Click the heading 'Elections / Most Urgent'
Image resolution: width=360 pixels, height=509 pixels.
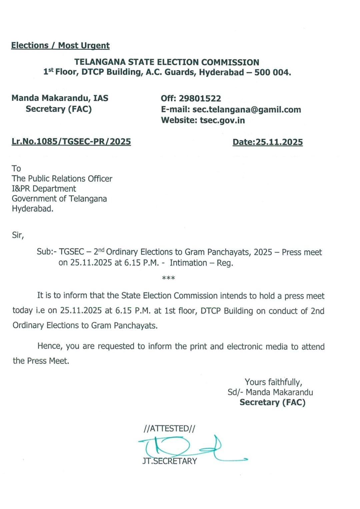point(60,45)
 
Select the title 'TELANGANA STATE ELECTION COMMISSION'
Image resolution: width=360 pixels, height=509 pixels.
point(167,62)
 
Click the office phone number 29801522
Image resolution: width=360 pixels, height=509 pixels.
point(200,98)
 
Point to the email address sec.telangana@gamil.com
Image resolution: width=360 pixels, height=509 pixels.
point(246,109)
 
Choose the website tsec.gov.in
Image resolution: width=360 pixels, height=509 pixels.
point(222,120)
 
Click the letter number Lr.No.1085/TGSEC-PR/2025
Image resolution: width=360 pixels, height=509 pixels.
point(71,141)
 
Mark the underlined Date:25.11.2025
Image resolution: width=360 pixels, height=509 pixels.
point(268,142)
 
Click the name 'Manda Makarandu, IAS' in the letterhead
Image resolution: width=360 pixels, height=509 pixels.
point(60,98)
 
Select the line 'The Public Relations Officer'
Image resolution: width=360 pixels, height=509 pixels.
point(62,179)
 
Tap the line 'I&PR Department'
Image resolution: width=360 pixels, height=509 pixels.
point(44,189)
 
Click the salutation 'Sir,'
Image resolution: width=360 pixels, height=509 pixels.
point(18,235)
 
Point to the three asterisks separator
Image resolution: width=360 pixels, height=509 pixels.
point(168,278)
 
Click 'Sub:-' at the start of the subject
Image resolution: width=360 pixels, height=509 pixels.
point(47,252)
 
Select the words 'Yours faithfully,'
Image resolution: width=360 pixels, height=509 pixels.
point(273,382)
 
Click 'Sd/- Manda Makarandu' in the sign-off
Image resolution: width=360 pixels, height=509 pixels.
point(270,392)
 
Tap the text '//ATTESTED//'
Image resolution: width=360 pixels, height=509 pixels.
point(169,429)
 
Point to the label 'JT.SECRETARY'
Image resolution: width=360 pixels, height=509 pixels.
point(169,461)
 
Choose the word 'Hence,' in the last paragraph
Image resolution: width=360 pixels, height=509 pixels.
point(50,346)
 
